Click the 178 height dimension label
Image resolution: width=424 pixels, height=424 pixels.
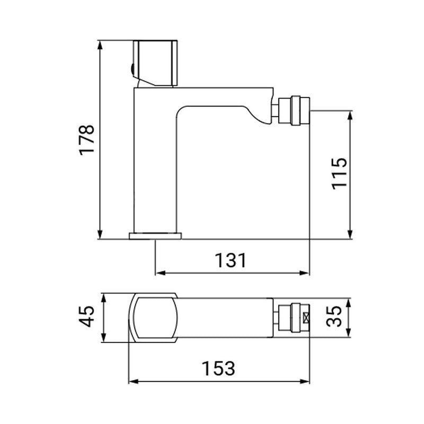pyautogui.click(x=86, y=139)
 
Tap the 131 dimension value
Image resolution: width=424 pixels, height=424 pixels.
pyautogui.click(x=231, y=260)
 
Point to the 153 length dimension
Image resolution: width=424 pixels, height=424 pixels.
pyautogui.click(x=218, y=367)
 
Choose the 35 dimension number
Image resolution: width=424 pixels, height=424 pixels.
pyautogui.click(x=335, y=317)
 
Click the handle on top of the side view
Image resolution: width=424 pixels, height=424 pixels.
pyautogui.click(x=156, y=62)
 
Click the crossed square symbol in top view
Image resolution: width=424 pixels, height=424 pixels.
pyautogui.click(x=306, y=318)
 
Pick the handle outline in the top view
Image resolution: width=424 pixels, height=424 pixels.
pyautogui.click(x=155, y=317)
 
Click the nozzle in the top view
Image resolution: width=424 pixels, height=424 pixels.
pyautogui.click(x=293, y=318)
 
